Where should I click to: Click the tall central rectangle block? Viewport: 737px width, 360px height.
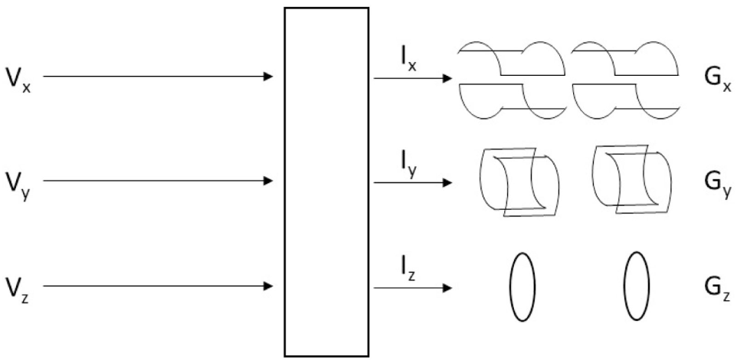point(326,182)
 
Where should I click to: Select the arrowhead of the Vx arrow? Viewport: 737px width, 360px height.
point(268,77)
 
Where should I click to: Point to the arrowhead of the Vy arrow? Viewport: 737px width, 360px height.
point(268,182)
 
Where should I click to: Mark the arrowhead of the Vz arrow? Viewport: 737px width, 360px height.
point(268,286)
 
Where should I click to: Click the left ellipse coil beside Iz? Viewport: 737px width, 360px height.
point(522,287)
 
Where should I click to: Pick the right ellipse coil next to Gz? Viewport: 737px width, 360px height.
point(636,287)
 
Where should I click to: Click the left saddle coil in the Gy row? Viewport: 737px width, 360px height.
point(519,183)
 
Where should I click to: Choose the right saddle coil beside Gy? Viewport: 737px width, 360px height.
point(632,182)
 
